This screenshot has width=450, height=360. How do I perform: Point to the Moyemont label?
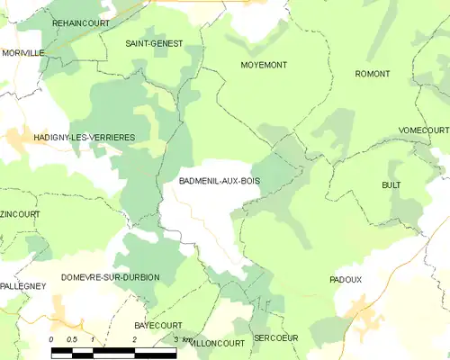(x=264, y=65)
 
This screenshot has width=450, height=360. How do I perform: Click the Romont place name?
(x=373, y=73)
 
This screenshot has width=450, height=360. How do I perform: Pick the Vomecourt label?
(x=422, y=130)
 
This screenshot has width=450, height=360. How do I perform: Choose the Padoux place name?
(x=346, y=280)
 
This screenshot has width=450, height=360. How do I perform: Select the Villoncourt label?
(x=218, y=343)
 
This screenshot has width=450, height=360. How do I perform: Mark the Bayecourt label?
(x=157, y=325)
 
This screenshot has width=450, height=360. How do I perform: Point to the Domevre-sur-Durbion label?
(x=110, y=277)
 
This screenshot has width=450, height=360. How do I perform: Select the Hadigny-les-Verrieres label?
(x=71, y=137)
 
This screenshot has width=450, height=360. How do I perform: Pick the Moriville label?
(x=22, y=53)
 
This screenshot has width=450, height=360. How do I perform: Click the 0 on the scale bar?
(x=51, y=338)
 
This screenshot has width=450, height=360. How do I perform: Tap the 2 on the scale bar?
(x=135, y=338)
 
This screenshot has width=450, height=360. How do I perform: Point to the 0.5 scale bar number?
(x=71, y=338)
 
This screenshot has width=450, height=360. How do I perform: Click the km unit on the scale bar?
(x=188, y=338)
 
